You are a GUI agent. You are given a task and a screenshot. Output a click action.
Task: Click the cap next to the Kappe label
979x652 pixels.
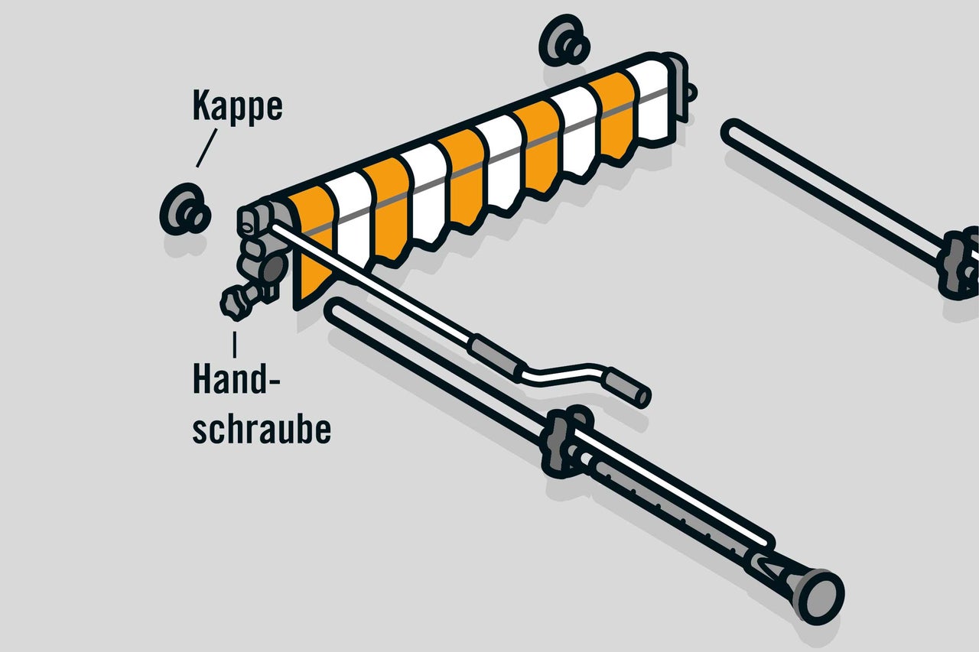click(x=185, y=211)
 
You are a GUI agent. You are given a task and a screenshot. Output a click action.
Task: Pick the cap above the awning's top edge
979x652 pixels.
click(x=564, y=41)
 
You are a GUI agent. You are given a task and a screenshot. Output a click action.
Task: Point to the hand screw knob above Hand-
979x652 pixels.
click(x=233, y=303)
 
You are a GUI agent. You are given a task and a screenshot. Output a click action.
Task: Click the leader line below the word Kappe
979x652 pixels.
click(x=207, y=148)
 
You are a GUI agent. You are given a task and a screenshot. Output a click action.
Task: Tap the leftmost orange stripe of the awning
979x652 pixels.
click(x=314, y=237)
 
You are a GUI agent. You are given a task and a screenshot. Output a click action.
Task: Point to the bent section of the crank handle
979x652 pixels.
click(x=566, y=371)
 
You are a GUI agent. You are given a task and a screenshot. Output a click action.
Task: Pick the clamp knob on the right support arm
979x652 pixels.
click(x=961, y=264)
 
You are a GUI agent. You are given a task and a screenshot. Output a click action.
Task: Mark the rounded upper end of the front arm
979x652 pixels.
click(x=337, y=310)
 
